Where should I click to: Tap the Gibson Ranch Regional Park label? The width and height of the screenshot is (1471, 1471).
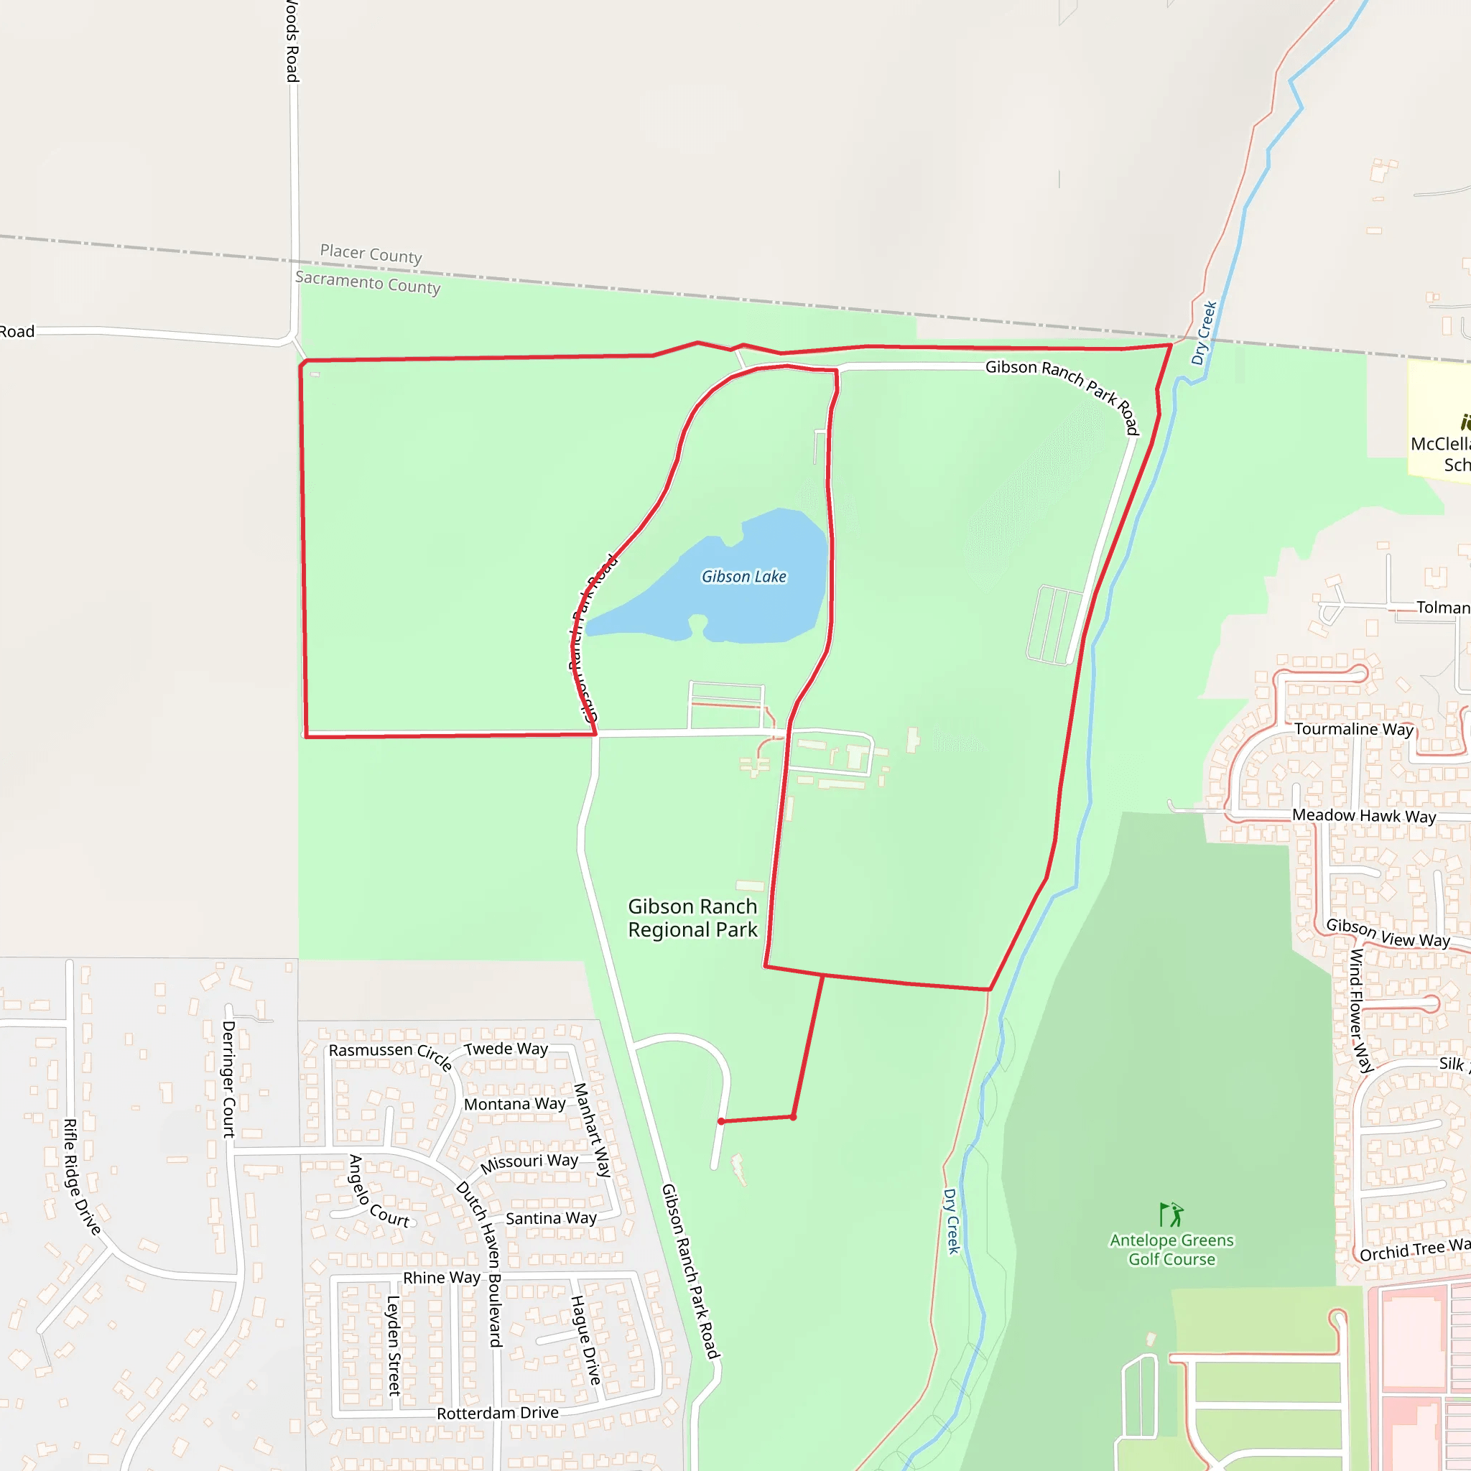[x=692, y=918]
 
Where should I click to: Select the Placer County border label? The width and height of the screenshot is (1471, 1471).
[x=371, y=254]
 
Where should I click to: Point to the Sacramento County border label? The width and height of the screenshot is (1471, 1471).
[x=368, y=282]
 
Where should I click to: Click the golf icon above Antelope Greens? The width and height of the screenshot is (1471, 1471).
[x=1171, y=1215]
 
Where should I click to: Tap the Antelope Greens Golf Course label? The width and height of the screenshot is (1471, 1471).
[x=1171, y=1250]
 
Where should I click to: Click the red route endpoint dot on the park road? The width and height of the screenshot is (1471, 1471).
[x=721, y=1121]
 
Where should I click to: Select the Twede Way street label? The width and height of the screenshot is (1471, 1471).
[x=506, y=1049]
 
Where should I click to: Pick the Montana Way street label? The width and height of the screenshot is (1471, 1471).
[x=515, y=1104]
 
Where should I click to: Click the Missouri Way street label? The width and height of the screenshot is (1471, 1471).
[x=529, y=1163]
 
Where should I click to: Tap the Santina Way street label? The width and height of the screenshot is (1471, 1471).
[x=551, y=1219]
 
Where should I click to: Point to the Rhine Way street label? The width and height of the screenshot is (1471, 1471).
[x=442, y=1278]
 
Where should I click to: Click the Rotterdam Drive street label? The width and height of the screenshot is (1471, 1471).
[x=498, y=1413]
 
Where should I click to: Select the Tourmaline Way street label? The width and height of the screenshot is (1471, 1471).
[x=1354, y=730]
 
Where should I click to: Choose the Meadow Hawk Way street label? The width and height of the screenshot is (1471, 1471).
[x=1365, y=816]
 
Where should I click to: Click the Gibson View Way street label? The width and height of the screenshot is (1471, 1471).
[x=1388, y=934]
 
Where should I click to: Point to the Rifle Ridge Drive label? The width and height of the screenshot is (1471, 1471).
[x=81, y=1177]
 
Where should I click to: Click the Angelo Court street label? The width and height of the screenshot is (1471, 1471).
[x=378, y=1192]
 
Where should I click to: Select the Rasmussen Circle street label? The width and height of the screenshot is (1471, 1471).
[x=390, y=1054]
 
